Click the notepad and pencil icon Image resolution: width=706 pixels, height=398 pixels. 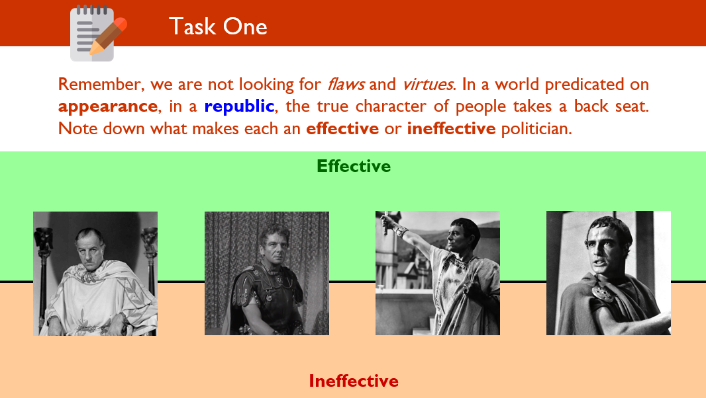click(x=98, y=33)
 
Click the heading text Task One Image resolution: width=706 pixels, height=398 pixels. click(x=218, y=26)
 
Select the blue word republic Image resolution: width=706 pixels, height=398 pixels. click(x=239, y=106)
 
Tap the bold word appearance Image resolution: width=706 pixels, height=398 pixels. click(x=107, y=106)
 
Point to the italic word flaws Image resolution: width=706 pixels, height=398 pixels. click(x=346, y=84)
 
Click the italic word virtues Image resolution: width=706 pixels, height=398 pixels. click(x=428, y=84)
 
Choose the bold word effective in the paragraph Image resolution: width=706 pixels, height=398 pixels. click(x=342, y=129)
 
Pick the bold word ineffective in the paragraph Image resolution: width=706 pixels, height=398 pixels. click(x=451, y=129)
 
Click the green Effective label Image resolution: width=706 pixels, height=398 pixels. click(x=354, y=166)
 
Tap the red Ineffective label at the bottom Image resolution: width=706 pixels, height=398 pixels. click(x=354, y=381)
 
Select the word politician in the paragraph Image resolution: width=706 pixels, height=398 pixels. click(x=536, y=129)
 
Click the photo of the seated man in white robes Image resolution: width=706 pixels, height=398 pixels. click(x=95, y=274)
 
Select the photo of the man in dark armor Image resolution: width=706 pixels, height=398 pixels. click(x=266, y=274)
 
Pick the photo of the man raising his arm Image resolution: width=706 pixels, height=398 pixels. click(x=438, y=273)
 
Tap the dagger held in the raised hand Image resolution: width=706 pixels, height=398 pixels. click(x=385, y=224)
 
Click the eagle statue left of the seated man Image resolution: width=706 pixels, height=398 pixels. click(x=44, y=239)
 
